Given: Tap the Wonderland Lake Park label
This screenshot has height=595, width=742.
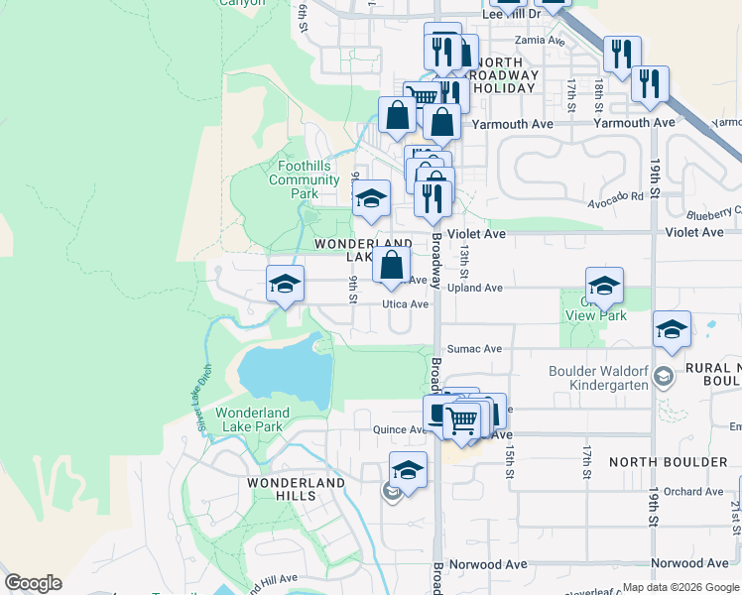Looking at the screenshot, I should pyautogui.click(x=252, y=419).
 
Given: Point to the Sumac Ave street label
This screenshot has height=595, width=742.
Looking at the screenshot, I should pyautogui.click(x=474, y=349).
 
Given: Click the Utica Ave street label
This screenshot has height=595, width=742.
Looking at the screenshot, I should pyautogui.click(x=405, y=305).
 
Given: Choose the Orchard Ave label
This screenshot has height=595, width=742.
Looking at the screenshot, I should pyautogui.click(x=693, y=492).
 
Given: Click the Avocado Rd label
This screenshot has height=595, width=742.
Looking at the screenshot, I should pyautogui.click(x=615, y=196).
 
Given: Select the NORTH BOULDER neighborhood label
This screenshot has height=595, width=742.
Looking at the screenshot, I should pyautogui.click(x=669, y=462).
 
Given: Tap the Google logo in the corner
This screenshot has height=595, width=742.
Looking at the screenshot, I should pyautogui.click(x=33, y=583).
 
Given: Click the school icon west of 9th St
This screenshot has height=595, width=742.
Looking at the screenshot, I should pyautogui.click(x=285, y=285).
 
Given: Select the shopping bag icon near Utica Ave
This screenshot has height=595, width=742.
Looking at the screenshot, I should pyautogui.click(x=392, y=265).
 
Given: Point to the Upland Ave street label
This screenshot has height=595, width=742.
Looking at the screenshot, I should pyautogui.click(x=474, y=289).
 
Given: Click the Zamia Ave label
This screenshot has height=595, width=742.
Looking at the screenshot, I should pyautogui.click(x=540, y=42).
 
